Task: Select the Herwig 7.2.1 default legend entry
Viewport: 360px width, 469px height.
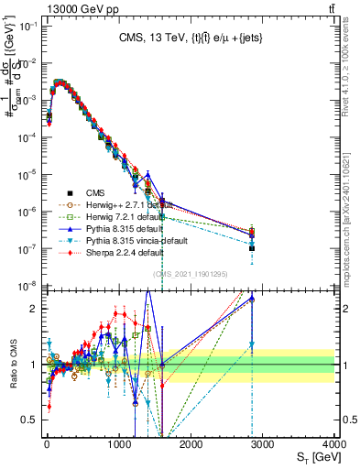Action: [100, 216]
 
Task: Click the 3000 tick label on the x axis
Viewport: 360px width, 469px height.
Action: [263, 443]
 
